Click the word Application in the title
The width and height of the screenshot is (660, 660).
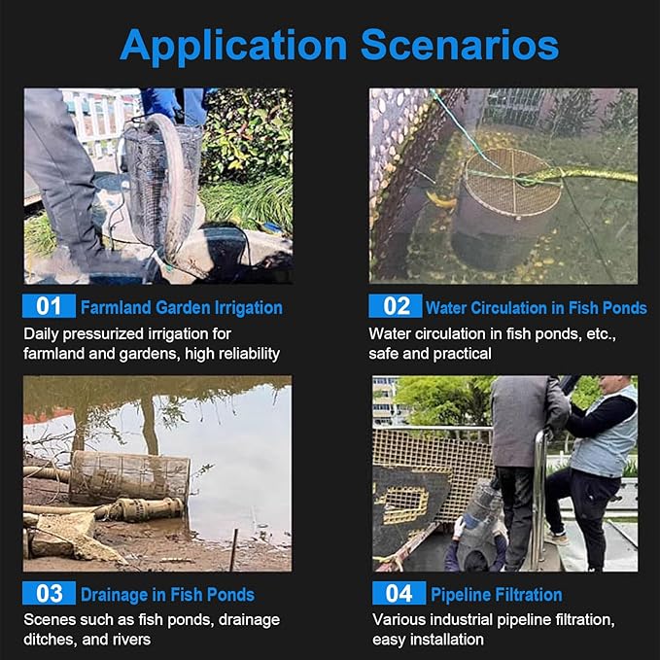point(233,47)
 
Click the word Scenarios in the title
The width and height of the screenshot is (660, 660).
point(460,45)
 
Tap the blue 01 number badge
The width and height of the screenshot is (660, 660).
point(49,306)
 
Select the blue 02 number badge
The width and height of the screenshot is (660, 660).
point(396,306)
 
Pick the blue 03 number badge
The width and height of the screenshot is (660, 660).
point(49,593)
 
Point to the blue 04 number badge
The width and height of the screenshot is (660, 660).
point(399,593)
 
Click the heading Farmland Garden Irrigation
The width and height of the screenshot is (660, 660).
point(182,308)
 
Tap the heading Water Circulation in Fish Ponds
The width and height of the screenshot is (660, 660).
point(537,308)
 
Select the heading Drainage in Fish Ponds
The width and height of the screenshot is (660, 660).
point(167,595)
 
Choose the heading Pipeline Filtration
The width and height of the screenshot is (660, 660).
point(497,595)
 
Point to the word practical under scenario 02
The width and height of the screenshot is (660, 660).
point(462,354)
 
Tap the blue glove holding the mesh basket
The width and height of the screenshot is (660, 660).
point(160,102)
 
